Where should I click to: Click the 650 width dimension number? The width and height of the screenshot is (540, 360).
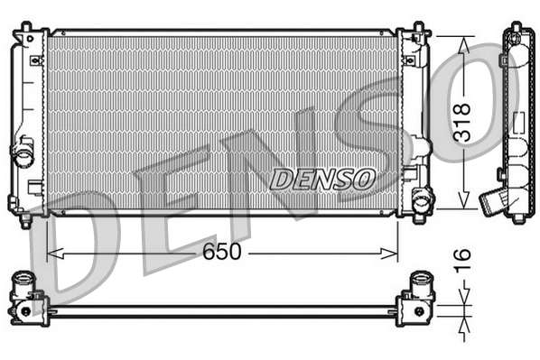click(221, 253)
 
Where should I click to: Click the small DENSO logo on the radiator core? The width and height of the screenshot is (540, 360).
click(322, 179)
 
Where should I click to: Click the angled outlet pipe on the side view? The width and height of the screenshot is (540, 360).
click(495, 199)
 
